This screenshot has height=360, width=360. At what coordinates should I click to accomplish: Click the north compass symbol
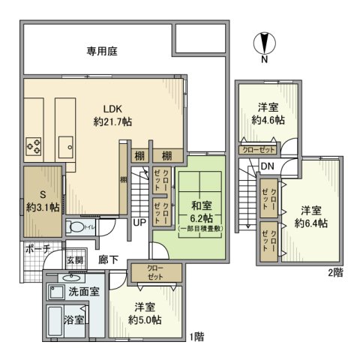263,43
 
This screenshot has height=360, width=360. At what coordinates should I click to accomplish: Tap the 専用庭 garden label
102,52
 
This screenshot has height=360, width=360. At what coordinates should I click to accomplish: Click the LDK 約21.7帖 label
112,114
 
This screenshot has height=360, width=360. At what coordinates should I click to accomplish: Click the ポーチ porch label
37,248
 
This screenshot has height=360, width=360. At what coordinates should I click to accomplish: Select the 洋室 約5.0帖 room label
145,313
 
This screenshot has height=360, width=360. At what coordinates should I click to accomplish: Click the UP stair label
139,223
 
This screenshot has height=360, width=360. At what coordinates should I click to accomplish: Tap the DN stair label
267,166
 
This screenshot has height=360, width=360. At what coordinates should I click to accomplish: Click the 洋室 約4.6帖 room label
268,113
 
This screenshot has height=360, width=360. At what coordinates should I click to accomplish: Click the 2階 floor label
334,274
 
